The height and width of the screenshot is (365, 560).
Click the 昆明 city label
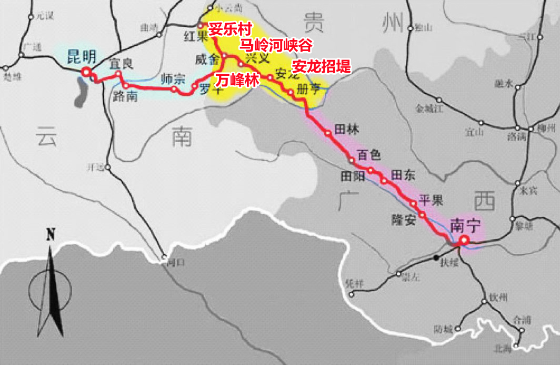pos(83,57)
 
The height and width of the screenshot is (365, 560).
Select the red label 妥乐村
pos(231,29)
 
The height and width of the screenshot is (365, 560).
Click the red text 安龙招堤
pos(321,66)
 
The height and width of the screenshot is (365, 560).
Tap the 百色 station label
pos(368,155)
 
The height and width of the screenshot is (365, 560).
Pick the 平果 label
pos(431,200)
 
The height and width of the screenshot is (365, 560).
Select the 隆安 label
pos(404,219)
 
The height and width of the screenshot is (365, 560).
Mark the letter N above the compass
pos(51,235)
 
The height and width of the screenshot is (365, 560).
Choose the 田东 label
pos(404,176)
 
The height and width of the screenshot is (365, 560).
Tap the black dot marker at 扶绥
pos(436,258)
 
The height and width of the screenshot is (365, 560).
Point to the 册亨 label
pos(308,88)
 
